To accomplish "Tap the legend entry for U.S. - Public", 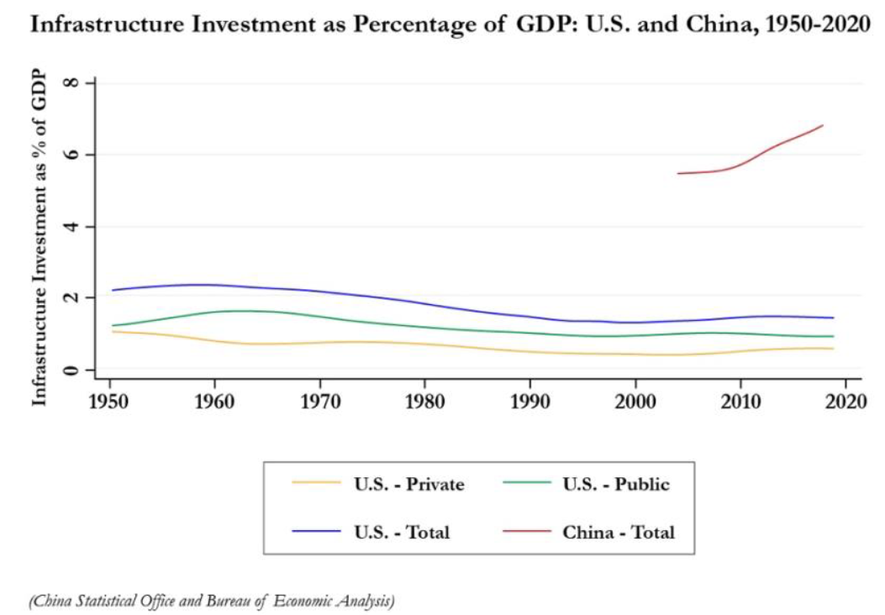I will [x=616, y=484].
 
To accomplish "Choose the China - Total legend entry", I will [x=619, y=532].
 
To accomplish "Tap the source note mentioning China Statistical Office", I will [x=211, y=600].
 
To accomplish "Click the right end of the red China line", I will [x=823, y=125].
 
